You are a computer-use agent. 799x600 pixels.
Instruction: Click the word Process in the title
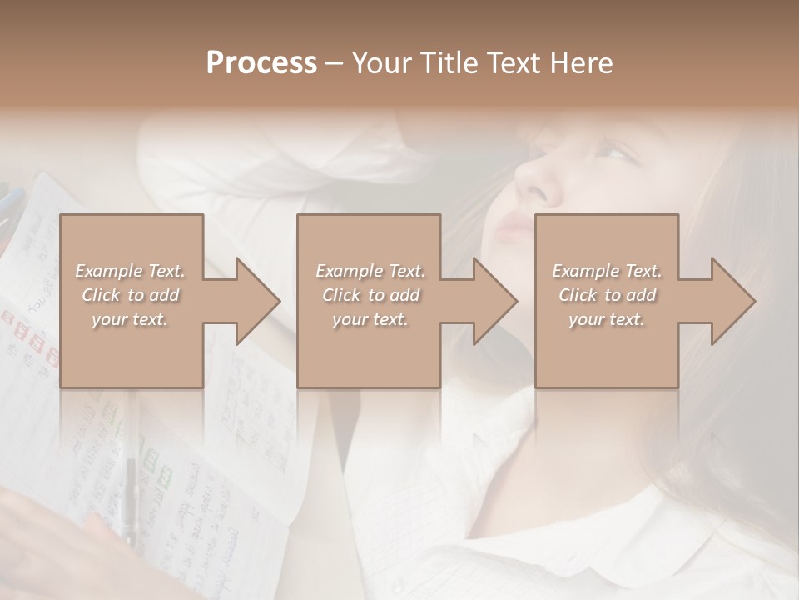click(x=261, y=63)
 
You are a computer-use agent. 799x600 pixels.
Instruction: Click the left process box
click(x=132, y=350)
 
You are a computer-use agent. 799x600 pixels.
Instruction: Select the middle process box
click(x=369, y=350)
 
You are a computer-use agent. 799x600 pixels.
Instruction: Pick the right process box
click(x=606, y=350)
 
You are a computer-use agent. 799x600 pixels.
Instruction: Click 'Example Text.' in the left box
click(x=130, y=271)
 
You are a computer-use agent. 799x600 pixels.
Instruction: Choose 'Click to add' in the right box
click(x=607, y=295)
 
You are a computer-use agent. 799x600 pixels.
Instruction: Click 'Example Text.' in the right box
click(x=607, y=271)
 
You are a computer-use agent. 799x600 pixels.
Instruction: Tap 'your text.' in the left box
click(x=130, y=319)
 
